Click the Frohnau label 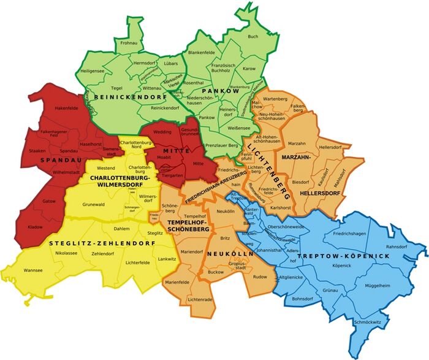(x=129, y=43)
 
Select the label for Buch (x=253, y=37)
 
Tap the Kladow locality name (x=36, y=227)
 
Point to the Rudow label (x=260, y=277)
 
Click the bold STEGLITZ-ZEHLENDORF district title (x=100, y=243)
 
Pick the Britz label (x=225, y=237)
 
